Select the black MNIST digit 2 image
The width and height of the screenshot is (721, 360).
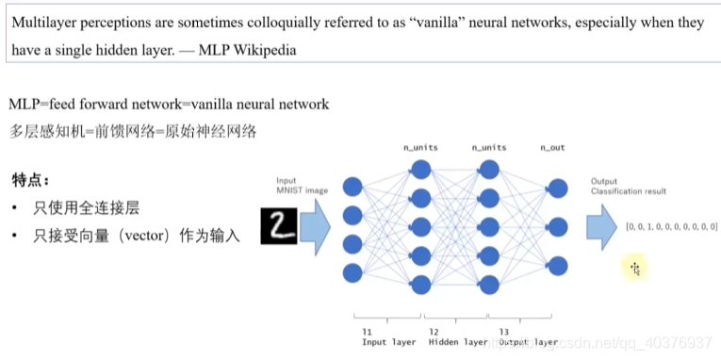278,225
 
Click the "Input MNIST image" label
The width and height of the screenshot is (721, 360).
302,186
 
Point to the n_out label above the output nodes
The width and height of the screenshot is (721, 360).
552,148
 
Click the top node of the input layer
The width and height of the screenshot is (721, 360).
353,186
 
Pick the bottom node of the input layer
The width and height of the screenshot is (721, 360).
353,272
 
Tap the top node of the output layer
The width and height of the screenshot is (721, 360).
558,188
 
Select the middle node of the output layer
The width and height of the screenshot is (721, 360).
558,226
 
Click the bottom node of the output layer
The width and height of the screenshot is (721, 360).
558,265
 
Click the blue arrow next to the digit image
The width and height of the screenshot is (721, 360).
315,226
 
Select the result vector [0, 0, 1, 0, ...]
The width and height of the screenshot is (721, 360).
671,227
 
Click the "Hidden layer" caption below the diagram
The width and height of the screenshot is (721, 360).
458,341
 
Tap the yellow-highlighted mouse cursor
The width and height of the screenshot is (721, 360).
635,269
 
